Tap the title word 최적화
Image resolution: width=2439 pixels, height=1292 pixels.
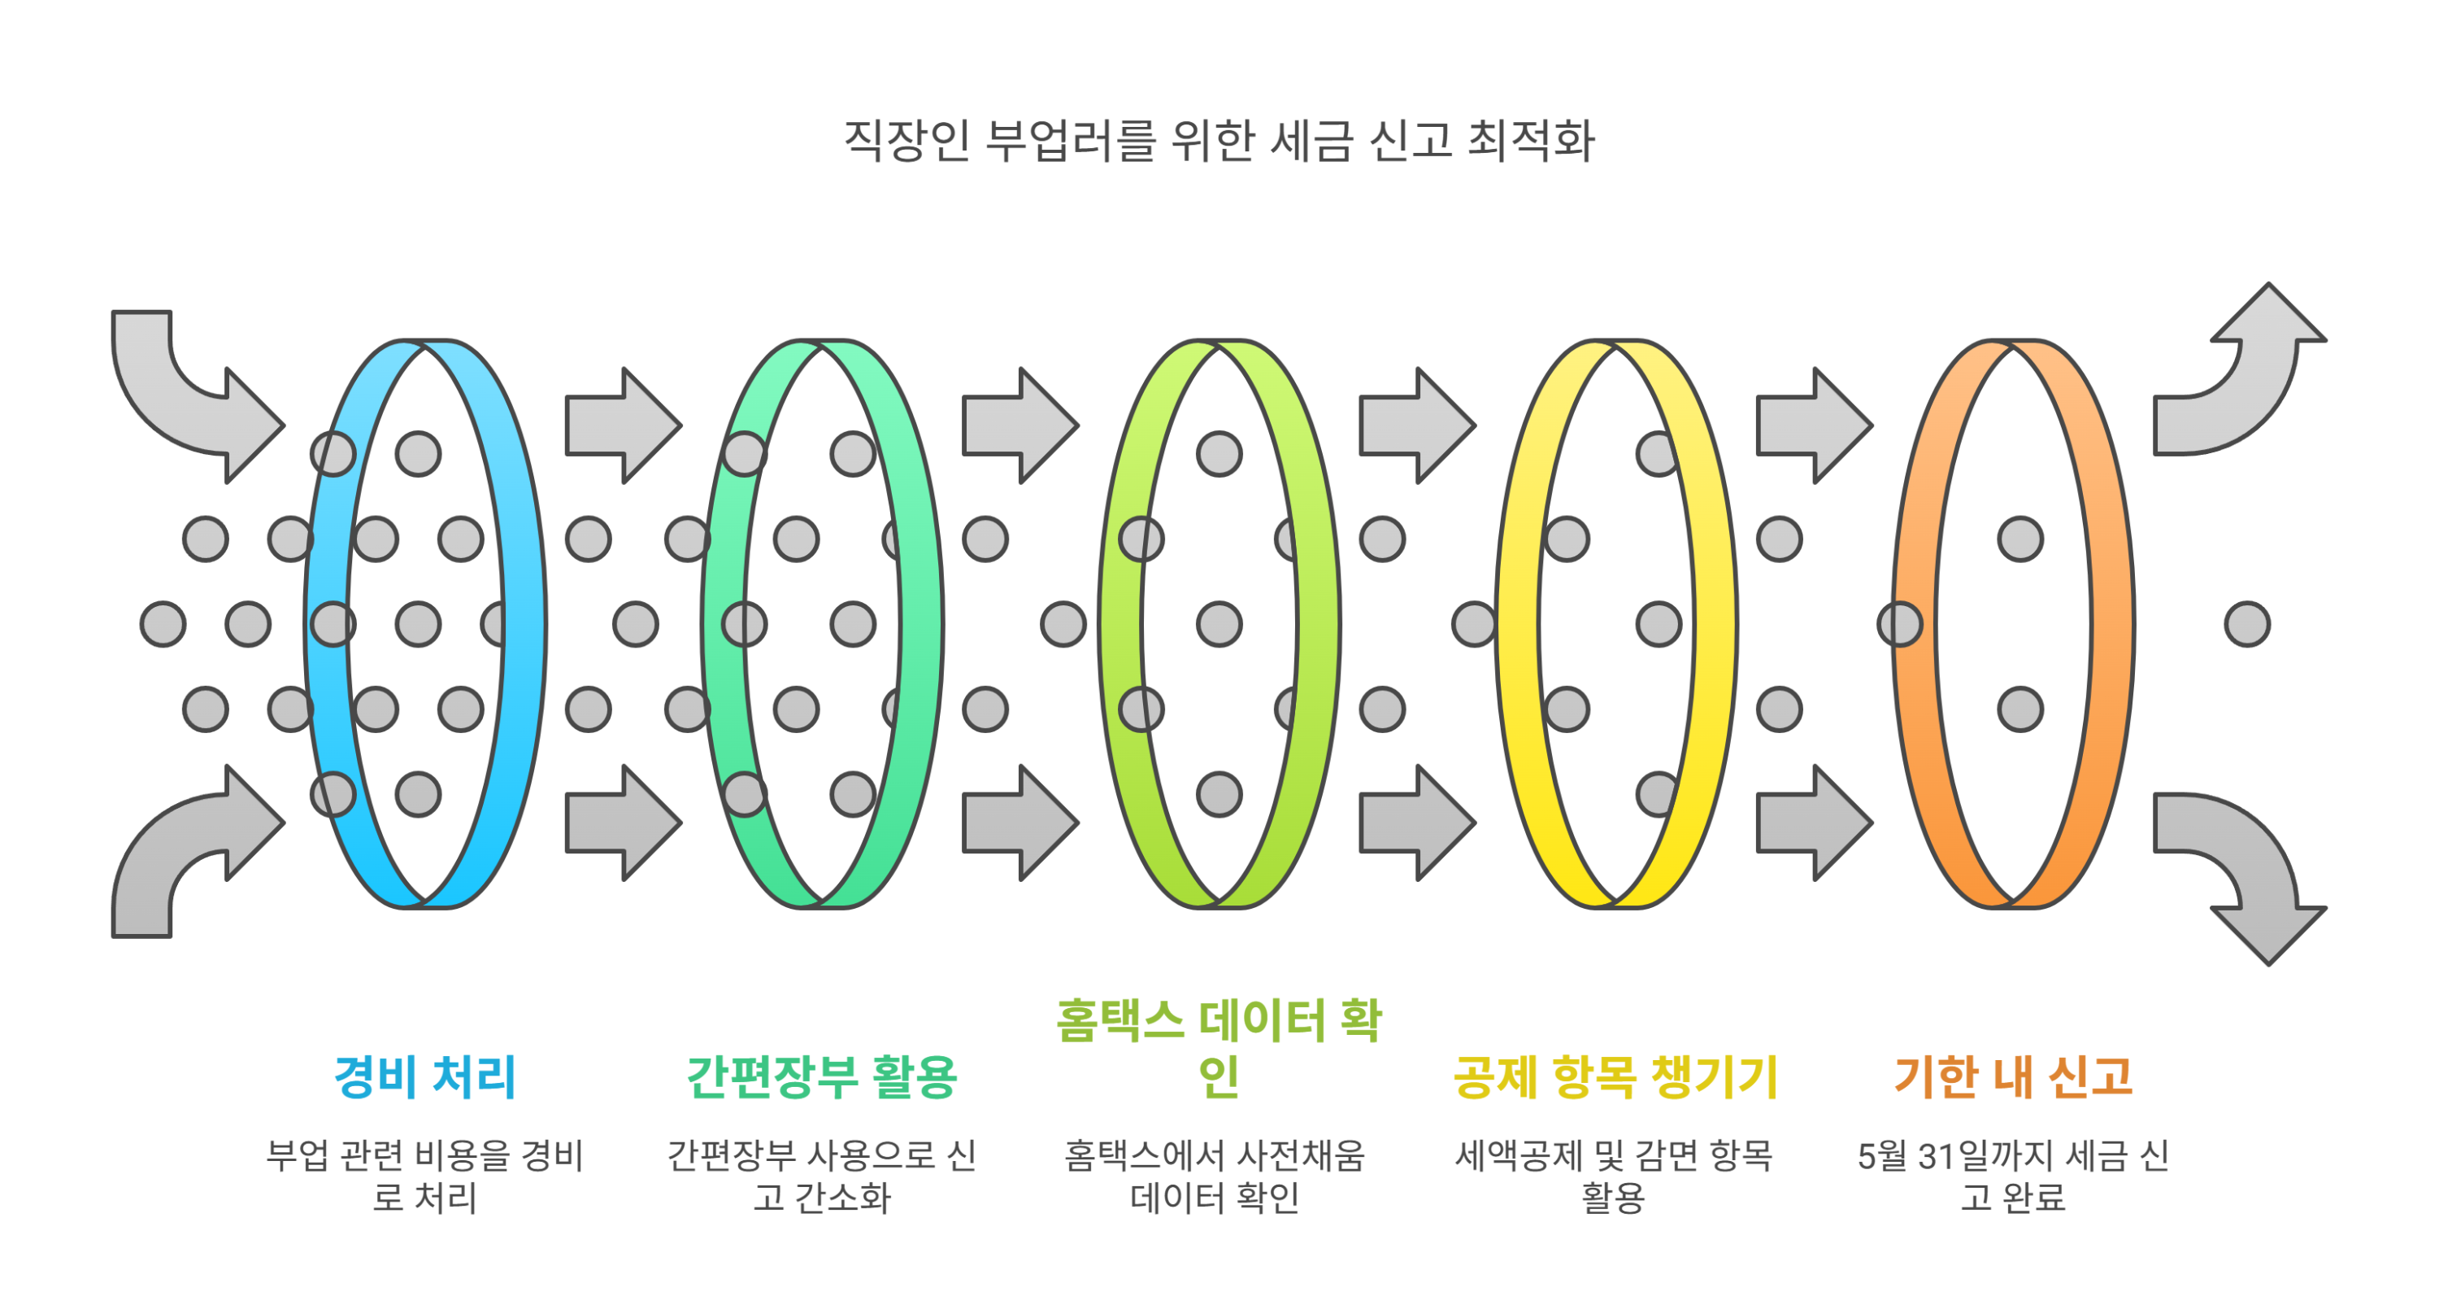1530,141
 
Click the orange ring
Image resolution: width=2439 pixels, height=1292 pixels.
2111,625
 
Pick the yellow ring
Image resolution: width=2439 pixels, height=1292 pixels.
1715,625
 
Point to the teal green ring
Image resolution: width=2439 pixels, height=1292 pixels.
920,625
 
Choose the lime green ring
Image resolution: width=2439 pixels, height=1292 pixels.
1317,625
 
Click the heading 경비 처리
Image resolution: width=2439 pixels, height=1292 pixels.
425,1077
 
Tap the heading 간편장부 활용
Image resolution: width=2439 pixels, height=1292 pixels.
822,1077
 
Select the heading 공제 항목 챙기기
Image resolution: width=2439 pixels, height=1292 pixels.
1615,1077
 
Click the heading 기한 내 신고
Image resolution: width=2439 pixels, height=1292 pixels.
2013,1077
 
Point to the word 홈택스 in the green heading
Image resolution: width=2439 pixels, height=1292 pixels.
1120,1021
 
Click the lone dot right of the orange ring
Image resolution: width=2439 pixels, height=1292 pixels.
2247,625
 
